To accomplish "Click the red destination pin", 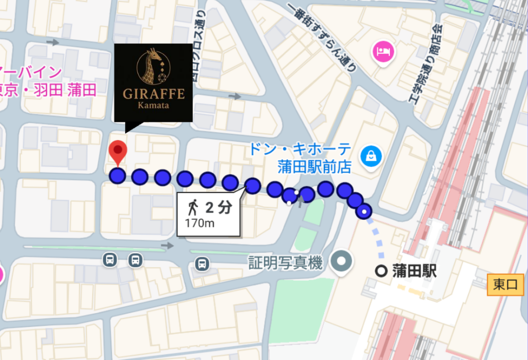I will [119, 151].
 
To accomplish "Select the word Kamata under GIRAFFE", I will [153, 106].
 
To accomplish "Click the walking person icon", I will [193, 208].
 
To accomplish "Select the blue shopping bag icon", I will [371, 155].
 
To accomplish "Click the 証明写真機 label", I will [285, 264].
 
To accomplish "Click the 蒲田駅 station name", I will [414, 271].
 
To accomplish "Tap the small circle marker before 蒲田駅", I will [382, 271].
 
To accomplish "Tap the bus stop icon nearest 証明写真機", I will [202, 264].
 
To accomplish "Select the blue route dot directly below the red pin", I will [118, 175].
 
